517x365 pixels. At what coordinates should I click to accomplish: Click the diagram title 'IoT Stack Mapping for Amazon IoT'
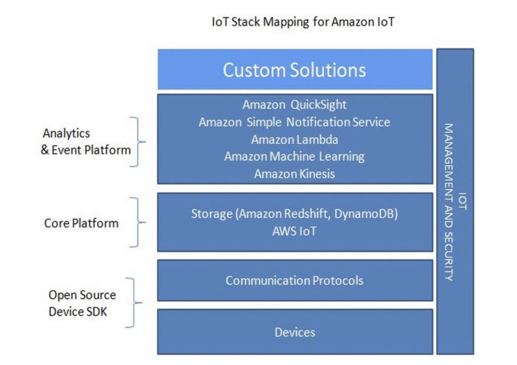(303, 22)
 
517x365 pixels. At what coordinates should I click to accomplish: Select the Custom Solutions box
(295, 69)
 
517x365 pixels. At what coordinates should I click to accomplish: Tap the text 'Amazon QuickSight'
(294, 105)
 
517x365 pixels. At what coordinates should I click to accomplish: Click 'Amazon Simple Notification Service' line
(294, 122)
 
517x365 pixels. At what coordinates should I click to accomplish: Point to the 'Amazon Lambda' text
(294, 139)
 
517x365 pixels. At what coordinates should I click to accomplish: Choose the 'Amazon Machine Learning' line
(294, 157)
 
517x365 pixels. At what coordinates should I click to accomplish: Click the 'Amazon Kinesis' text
(294, 174)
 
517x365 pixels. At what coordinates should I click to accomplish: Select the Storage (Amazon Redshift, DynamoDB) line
(294, 214)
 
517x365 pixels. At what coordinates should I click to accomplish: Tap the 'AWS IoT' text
(294, 231)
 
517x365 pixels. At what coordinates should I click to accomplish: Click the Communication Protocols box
(295, 280)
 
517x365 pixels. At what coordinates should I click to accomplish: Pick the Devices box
(295, 332)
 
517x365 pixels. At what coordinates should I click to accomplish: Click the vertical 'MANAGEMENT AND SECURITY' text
(448, 202)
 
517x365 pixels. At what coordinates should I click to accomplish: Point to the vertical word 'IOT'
(462, 201)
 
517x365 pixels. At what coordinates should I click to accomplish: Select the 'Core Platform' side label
(81, 223)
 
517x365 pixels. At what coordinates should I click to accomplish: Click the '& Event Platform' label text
(86, 150)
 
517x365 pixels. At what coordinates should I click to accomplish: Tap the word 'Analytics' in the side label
(66, 134)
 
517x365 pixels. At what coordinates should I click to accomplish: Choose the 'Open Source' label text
(82, 295)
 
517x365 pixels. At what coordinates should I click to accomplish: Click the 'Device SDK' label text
(78, 312)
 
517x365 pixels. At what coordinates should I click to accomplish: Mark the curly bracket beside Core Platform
(137, 222)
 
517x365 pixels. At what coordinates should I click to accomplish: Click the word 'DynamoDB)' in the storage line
(366, 214)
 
